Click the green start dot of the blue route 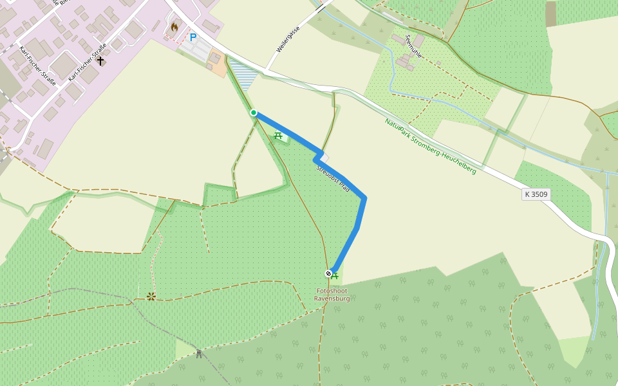254,113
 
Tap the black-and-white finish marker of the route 328,273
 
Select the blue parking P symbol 192,37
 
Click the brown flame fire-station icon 174,28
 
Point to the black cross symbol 100,60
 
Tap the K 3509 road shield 536,194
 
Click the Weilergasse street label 288,40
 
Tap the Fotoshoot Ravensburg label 332,295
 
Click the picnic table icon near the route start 278,135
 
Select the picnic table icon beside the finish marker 335,275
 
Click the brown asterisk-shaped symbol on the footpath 151,296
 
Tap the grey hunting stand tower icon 199,353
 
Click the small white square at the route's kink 325,158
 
